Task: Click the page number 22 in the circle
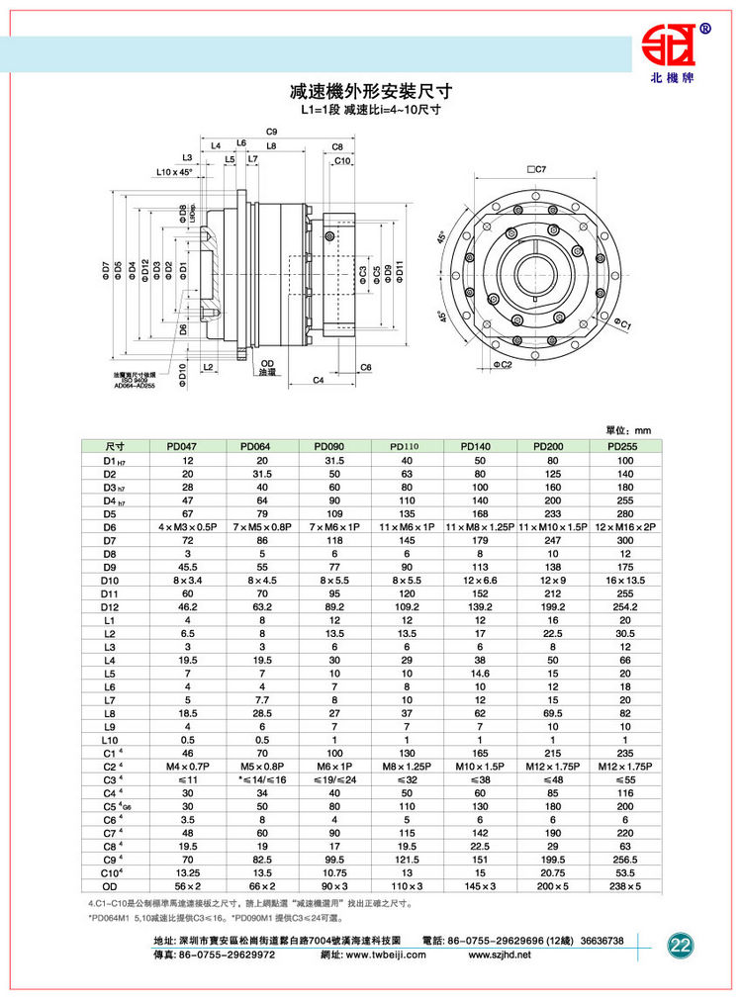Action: click(681, 944)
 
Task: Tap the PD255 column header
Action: click(625, 446)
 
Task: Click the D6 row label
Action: click(109, 528)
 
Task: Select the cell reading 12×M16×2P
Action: click(625, 528)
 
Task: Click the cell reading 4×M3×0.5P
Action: click(188, 528)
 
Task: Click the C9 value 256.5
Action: click(625, 857)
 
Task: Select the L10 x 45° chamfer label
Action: click(174, 172)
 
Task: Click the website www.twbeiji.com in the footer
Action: click(388, 955)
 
